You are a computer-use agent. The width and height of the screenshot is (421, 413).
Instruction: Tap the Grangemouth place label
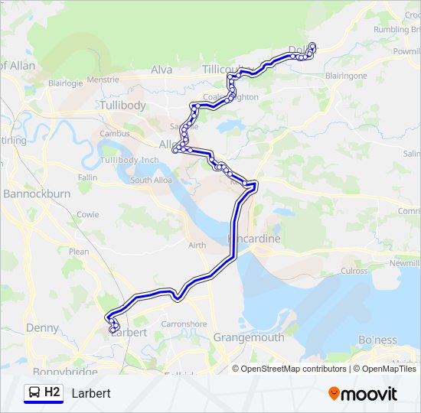pos(249,337)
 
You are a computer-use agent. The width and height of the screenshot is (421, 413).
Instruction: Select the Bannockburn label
pos(37,194)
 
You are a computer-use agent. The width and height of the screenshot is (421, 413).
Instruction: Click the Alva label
pos(162,70)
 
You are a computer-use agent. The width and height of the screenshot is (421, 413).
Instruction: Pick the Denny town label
pos(42,328)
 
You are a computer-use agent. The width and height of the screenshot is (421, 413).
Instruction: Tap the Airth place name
pos(197,245)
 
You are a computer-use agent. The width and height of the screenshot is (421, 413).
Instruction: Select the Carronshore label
pos(184,324)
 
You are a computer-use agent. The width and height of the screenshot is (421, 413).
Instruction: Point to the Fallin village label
pos(87,177)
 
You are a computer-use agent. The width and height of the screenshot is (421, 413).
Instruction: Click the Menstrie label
pos(103,80)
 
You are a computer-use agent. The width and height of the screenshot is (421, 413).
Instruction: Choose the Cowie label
pos(87,215)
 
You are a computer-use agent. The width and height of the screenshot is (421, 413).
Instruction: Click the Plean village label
pos(79,251)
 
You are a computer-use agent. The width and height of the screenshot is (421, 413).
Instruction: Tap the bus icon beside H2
pos(34,393)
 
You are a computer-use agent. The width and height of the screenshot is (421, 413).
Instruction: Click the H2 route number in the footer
pos(52,393)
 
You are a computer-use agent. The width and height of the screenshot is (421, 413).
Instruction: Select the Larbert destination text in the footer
pos(91,394)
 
